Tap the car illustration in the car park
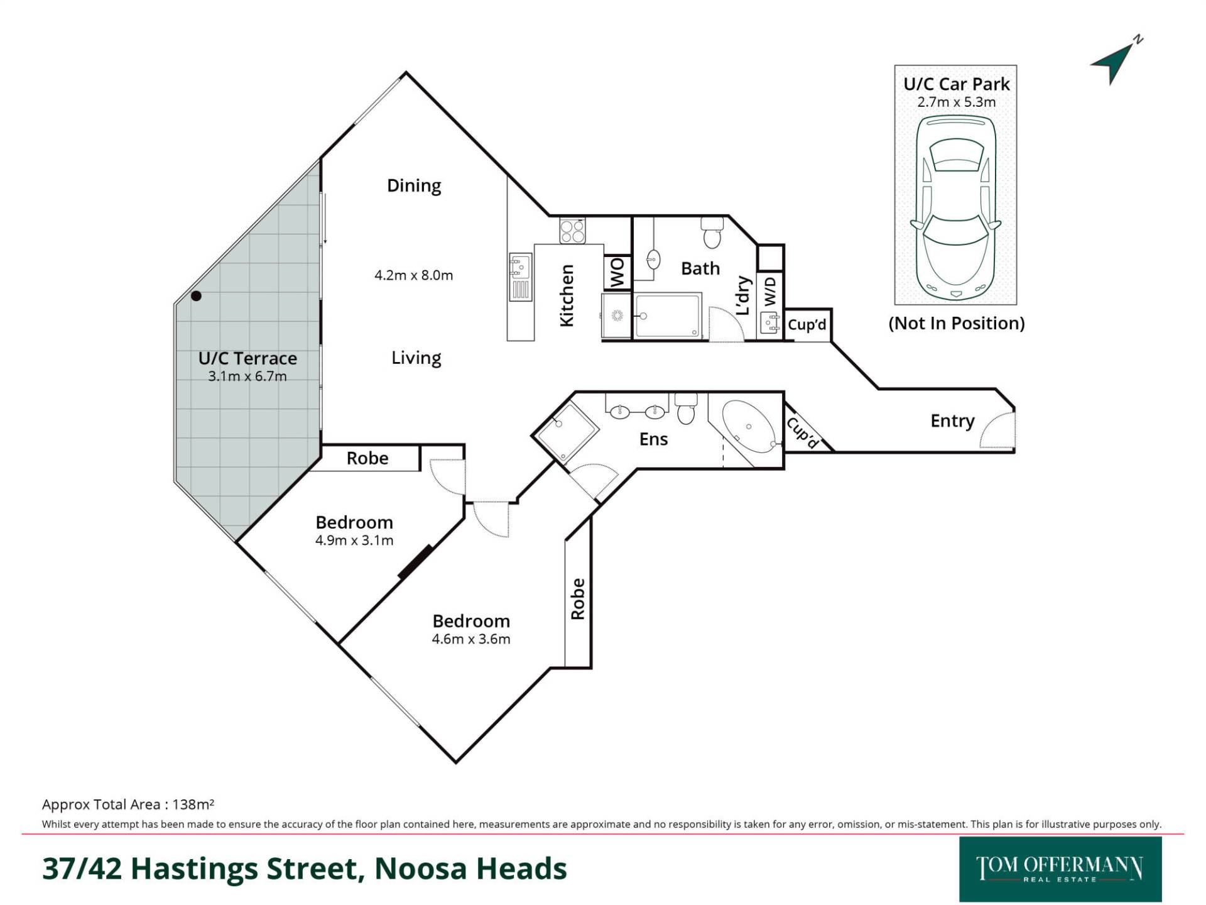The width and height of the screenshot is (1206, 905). [955, 207]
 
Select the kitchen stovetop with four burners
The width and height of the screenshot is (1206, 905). [572, 231]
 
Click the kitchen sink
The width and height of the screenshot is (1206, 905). [520, 266]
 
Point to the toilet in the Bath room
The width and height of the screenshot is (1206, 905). [712, 233]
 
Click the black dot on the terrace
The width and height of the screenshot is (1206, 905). [197, 295]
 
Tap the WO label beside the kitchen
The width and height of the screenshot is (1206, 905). [617, 273]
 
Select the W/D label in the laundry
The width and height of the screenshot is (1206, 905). [770, 292]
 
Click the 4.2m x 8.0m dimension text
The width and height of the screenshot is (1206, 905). [413, 275]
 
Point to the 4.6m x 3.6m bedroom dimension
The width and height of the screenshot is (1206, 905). [471, 639]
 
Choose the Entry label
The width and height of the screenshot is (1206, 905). [952, 421]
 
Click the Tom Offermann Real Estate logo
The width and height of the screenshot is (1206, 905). [1060, 869]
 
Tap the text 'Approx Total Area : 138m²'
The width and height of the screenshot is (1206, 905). [128, 804]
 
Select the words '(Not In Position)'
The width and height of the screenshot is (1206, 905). [956, 323]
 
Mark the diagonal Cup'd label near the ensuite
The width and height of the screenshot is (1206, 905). [803, 433]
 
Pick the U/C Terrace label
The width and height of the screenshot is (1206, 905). [247, 358]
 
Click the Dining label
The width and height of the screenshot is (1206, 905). [414, 186]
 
